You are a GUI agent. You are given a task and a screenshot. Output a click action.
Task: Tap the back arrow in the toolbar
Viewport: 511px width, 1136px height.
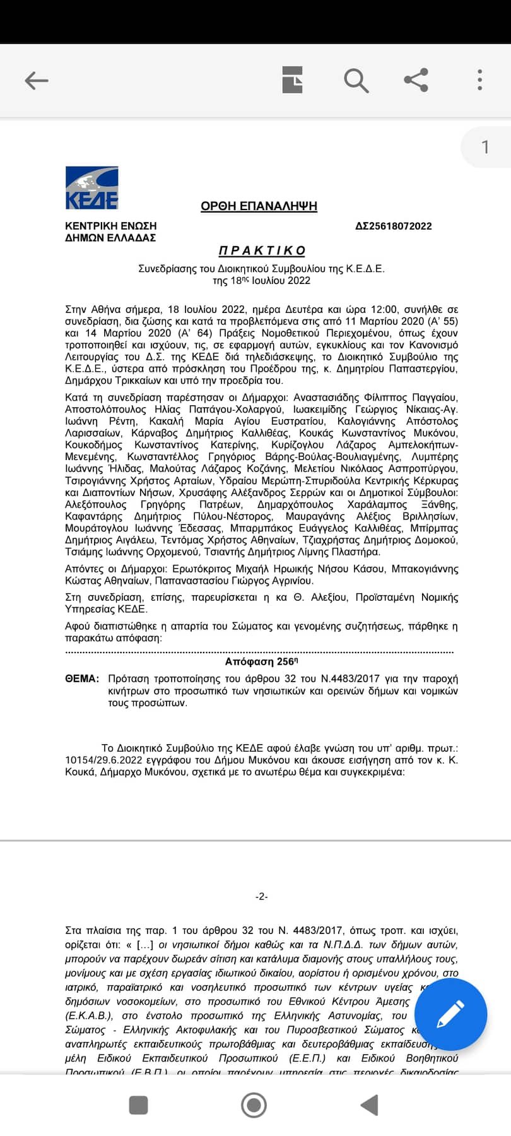click(36, 80)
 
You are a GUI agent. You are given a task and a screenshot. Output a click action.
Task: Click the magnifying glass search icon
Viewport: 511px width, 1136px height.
click(356, 80)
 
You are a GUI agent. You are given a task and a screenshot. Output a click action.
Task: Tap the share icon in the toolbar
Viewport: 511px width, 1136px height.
click(416, 80)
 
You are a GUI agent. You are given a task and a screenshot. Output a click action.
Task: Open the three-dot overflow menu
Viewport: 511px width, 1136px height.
click(480, 80)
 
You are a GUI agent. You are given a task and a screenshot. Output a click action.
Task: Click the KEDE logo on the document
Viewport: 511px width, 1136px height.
click(92, 187)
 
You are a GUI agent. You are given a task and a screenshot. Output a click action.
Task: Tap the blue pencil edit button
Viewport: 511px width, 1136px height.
click(450, 1014)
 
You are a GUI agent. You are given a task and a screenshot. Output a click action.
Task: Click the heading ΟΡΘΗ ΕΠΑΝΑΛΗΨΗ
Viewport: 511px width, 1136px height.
click(259, 206)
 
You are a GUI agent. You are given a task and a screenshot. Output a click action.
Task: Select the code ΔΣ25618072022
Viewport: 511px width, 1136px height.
click(394, 226)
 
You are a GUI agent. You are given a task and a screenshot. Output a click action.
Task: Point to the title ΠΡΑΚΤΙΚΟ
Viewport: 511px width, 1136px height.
click(262, 251)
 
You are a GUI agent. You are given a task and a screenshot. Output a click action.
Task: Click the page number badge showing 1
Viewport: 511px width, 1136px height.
click(485, 147)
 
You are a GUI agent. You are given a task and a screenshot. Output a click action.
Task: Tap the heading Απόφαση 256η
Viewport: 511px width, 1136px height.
click(261, 661)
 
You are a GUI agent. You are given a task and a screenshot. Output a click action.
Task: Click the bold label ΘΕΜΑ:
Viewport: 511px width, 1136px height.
click(82, 679)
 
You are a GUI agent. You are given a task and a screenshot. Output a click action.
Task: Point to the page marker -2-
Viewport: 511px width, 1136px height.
click(262, 896)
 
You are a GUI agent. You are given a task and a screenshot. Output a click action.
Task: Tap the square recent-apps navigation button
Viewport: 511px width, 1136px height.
click(138, 1105)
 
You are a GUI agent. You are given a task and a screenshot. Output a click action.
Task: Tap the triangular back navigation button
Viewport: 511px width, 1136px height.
click(369, 1105)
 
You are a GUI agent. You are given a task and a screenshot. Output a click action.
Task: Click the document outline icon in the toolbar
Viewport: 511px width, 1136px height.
click(292, 80)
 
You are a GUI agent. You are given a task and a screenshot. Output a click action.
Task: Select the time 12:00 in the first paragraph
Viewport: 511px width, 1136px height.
click(384, 309)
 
